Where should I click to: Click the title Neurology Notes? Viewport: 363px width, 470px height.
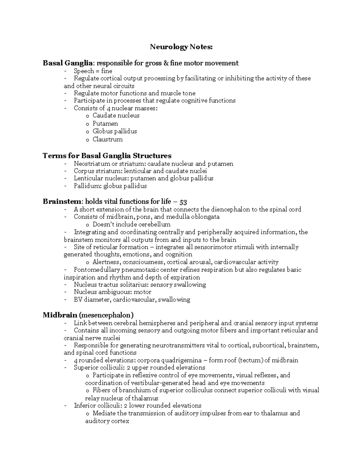[181, 47]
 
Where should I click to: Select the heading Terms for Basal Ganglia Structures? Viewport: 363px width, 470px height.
[107, 156]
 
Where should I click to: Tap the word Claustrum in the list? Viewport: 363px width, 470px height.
[107, 140]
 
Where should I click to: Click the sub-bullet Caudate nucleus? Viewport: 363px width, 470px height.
[116, 116]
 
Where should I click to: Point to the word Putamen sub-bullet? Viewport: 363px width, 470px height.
[105, 123]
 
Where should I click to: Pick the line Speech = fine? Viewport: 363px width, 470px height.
[93, 71]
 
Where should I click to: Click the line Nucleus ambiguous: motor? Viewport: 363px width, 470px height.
[113, 292]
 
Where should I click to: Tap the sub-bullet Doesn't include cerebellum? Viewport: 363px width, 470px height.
[131, 225]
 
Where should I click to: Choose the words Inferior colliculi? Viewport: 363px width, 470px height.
[92, 406]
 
